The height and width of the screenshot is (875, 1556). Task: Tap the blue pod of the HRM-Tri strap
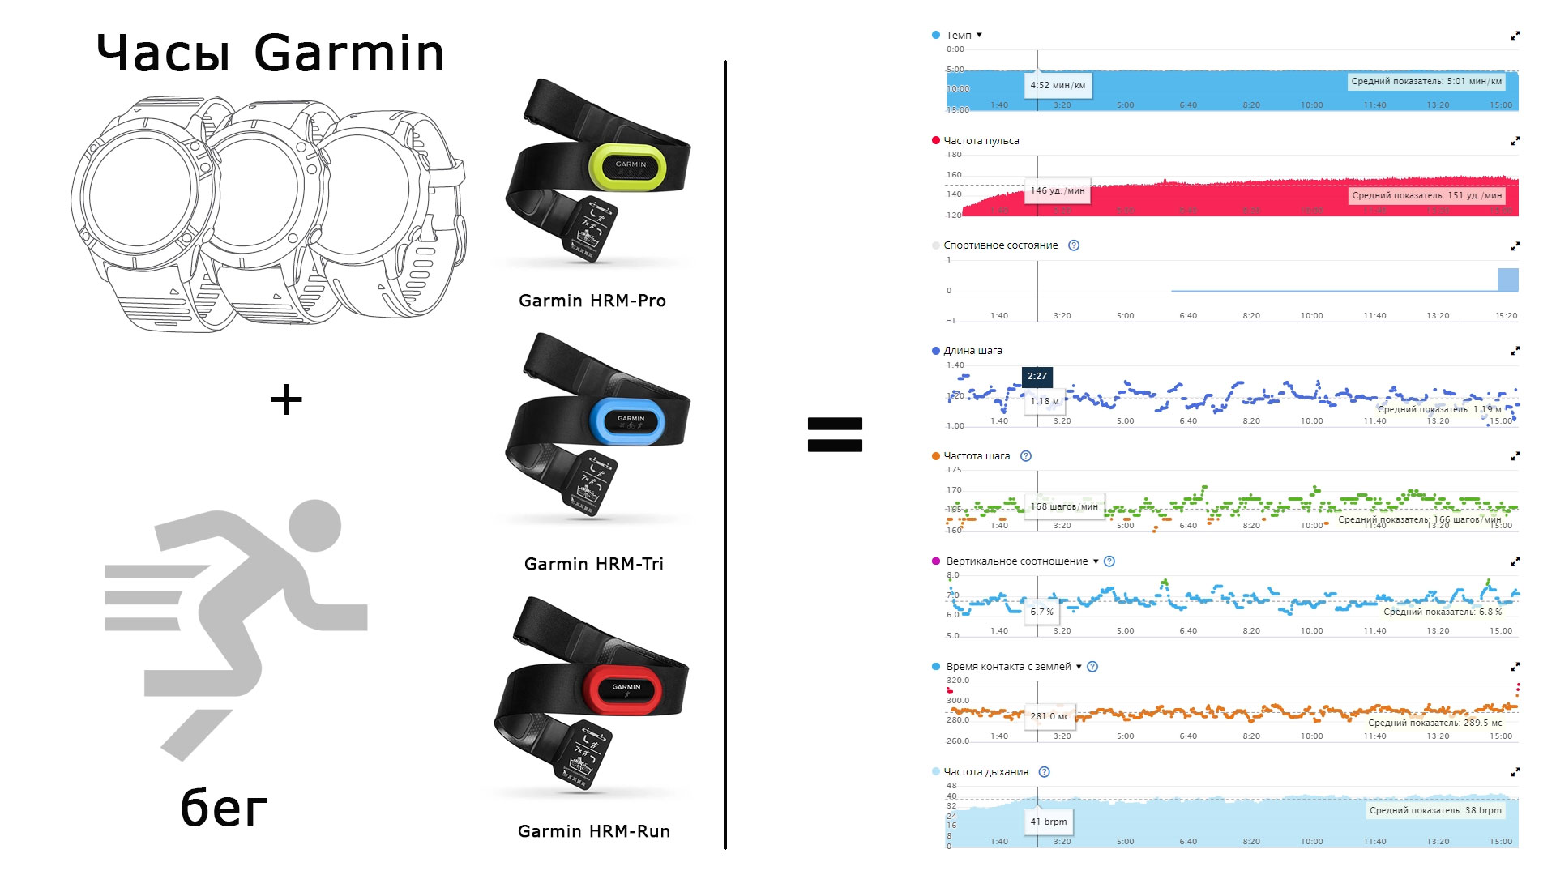pyautogui.click(x=628, y=420)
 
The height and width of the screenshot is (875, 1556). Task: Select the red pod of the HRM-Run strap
pyautogui.click(x=624, y=689)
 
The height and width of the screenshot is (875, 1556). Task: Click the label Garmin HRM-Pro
pyautogui.click(x=592, y=301)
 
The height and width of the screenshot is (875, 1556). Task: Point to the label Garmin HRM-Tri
pyautogui.click(x=593, y=564)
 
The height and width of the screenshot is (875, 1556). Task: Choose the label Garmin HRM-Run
pyautogui.click(x=593, y=831)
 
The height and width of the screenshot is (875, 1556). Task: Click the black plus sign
pyautogui.click(x=286, y=400)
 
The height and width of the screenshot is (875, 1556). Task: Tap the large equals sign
pyautogui.click(x=835, y=434)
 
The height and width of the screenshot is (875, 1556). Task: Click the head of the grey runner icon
pyautogui.click(x=314, y=525)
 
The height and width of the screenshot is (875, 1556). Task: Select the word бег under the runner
pyautogui.click(x=224, y=808)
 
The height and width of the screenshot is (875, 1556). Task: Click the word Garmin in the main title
pyautogui.click(x=348, y=53)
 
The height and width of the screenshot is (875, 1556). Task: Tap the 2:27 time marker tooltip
pyautogui.click(x=1037, y=376)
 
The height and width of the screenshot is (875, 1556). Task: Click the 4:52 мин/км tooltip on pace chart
pyautogui.click(x=1058, y=85)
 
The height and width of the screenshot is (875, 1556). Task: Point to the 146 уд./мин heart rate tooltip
pyautogui.click(x=1058, y=190)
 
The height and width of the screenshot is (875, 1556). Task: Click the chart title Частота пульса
pyautogui.click(x=981, y=141)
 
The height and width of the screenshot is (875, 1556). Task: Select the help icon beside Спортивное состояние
pyautogui.click(x=1074, y=245)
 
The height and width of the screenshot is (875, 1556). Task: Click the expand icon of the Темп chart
pyautogui.click(x=1515, y=36)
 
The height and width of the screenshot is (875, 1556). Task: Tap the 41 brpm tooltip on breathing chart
pyautogui.click(x=1049, y=822)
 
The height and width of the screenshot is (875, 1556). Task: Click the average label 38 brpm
pyautogui.click(x=1435, y=810)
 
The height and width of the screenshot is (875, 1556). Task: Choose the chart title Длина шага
pyautogui.click(x=972, y=351)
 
